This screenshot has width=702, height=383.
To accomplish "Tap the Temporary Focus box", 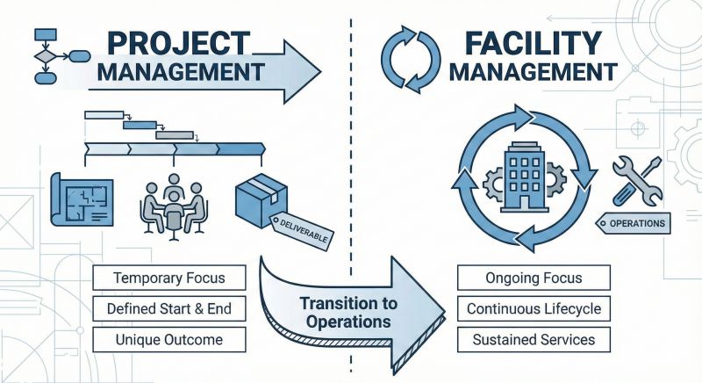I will point(169,278).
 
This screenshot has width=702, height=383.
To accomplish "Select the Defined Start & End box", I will point(169,309).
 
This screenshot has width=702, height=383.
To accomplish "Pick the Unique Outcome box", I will point(169,339).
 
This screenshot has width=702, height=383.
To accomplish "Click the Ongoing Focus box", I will point(533,278).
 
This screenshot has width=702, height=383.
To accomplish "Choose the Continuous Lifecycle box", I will point(533,309).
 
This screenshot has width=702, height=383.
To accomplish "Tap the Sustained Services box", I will point(533,339).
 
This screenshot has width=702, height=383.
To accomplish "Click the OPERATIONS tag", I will point(633,225).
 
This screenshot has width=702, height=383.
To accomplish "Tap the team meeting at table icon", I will point(173,203).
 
